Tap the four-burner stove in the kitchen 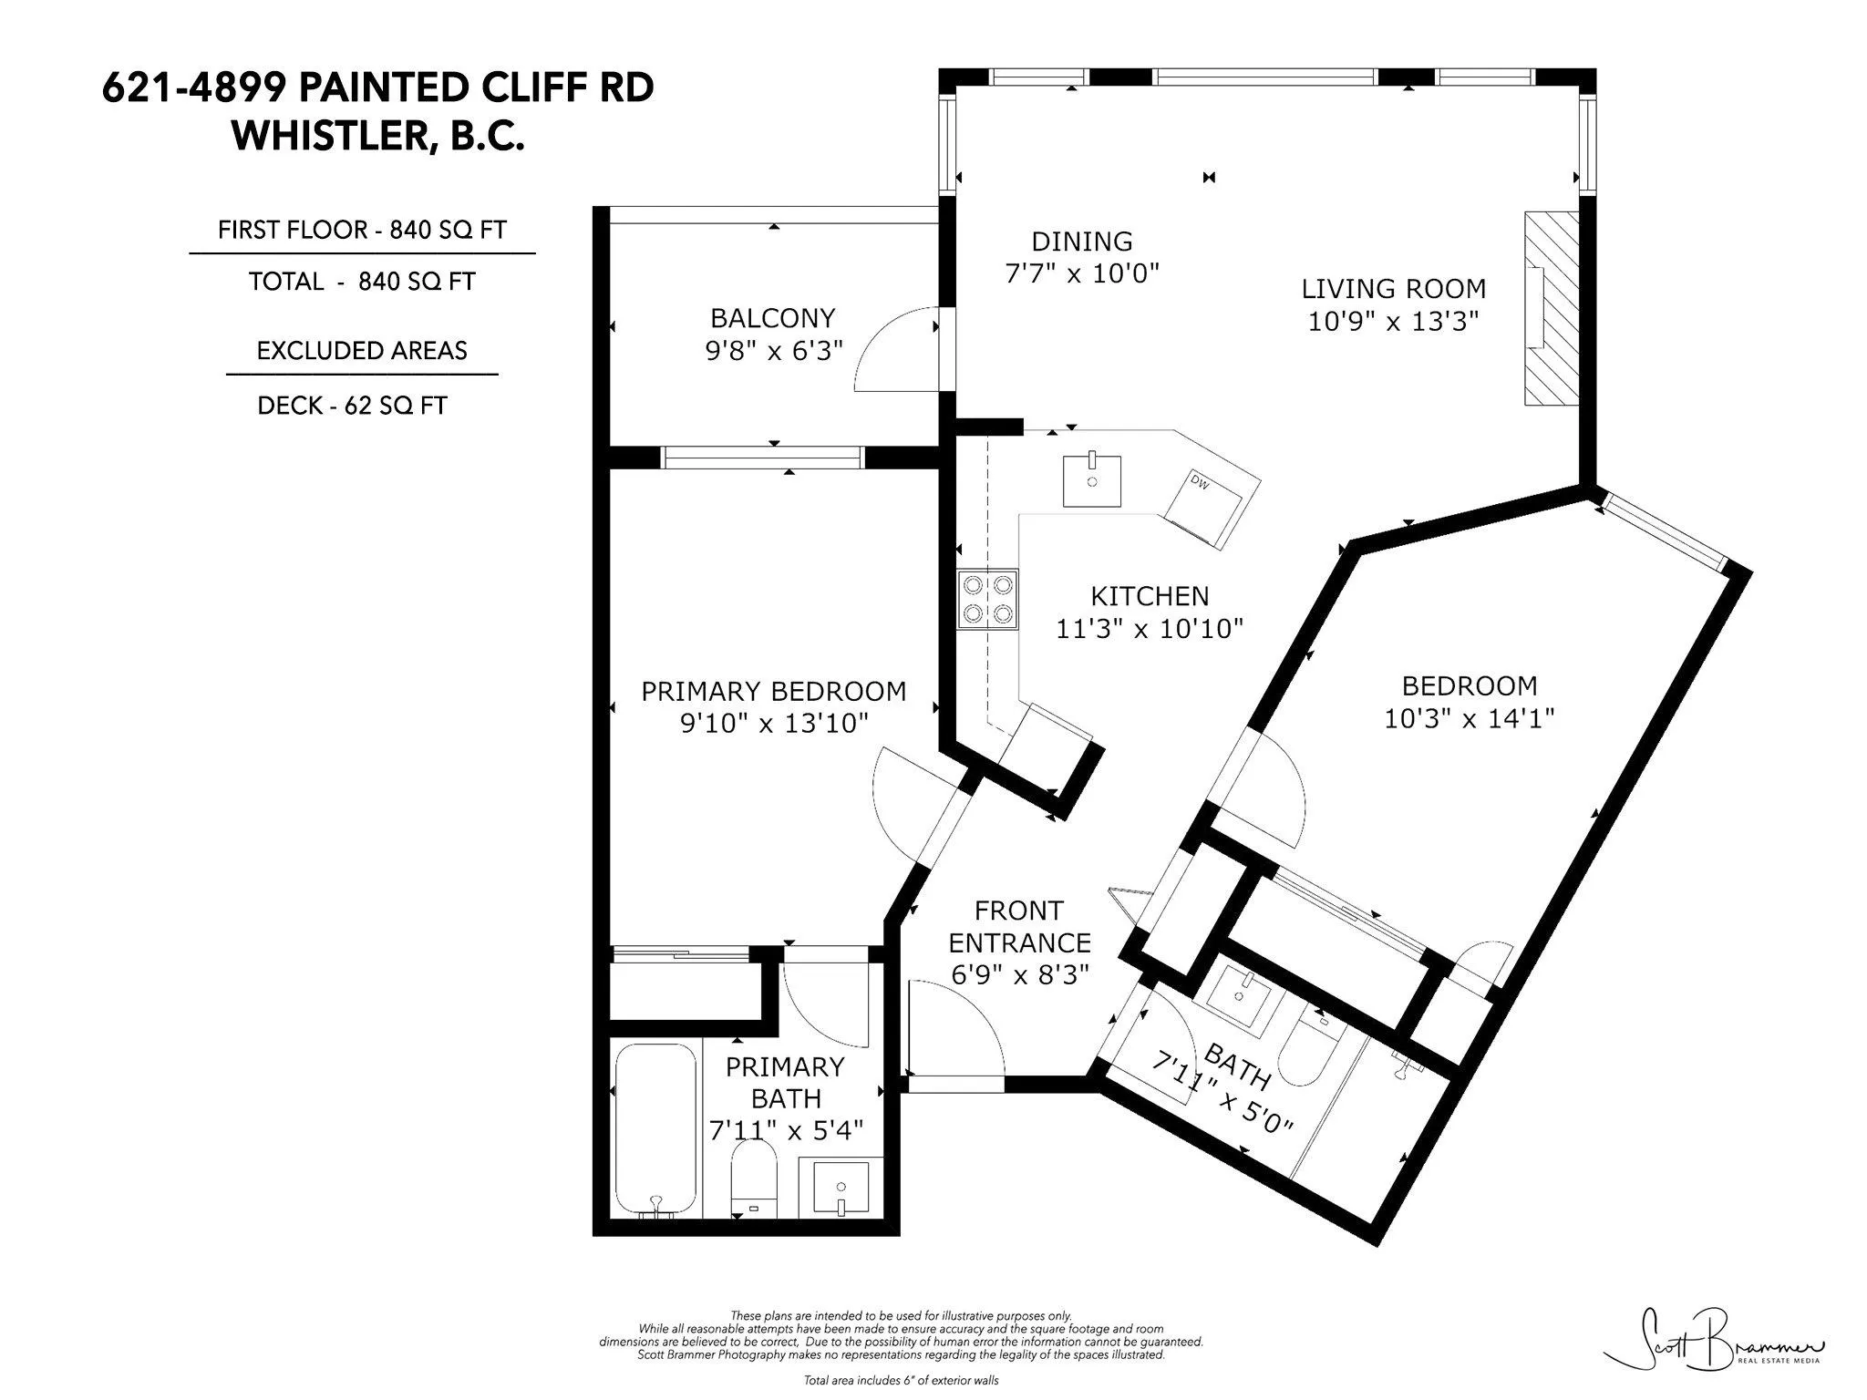pos(987,599)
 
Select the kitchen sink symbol pos(1091,481)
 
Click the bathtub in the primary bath pos(655,1130)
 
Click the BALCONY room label pos(773,318)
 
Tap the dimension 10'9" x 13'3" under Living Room pos(1393,322)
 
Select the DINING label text pos(1082,242)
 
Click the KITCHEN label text pos(1150,596)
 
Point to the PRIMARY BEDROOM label pos(774,692)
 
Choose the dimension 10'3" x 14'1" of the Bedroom pos(1469,719)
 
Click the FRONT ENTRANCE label pos(1019,926)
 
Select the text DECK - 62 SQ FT pos(353,406)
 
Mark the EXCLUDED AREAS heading pos(362,351)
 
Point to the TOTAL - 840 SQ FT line pos(362,282)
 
